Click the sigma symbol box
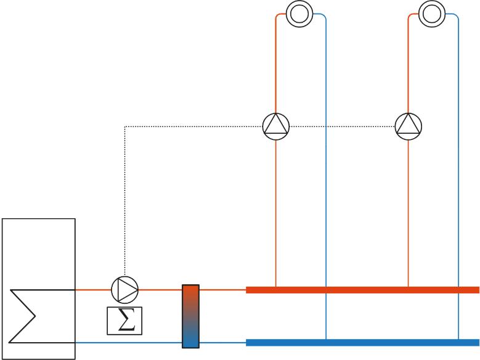tap(125, 321)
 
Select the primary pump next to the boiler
tap(125, 288)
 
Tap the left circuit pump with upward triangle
tap(275, 126)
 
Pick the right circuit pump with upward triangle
tap(409, 126)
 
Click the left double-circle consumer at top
tap(299, 13)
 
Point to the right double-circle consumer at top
tap(431, 13)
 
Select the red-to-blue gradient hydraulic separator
tap(191, 316)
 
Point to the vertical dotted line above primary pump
tap(125, 197)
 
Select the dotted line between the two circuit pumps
tap(342, 126)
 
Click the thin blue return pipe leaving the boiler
tap(129, 342)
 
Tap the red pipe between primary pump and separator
tap(160, 288)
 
